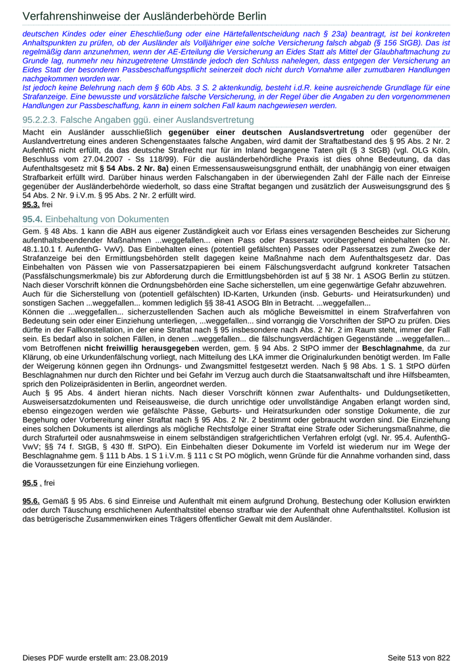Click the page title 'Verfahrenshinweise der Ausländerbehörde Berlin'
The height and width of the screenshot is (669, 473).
click(144, 16)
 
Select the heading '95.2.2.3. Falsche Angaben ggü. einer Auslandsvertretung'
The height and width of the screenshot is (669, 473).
click(128, 120)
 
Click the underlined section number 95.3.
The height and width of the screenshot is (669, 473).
click(30, 204)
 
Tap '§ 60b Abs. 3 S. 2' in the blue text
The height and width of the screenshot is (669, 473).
click(182, 88)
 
